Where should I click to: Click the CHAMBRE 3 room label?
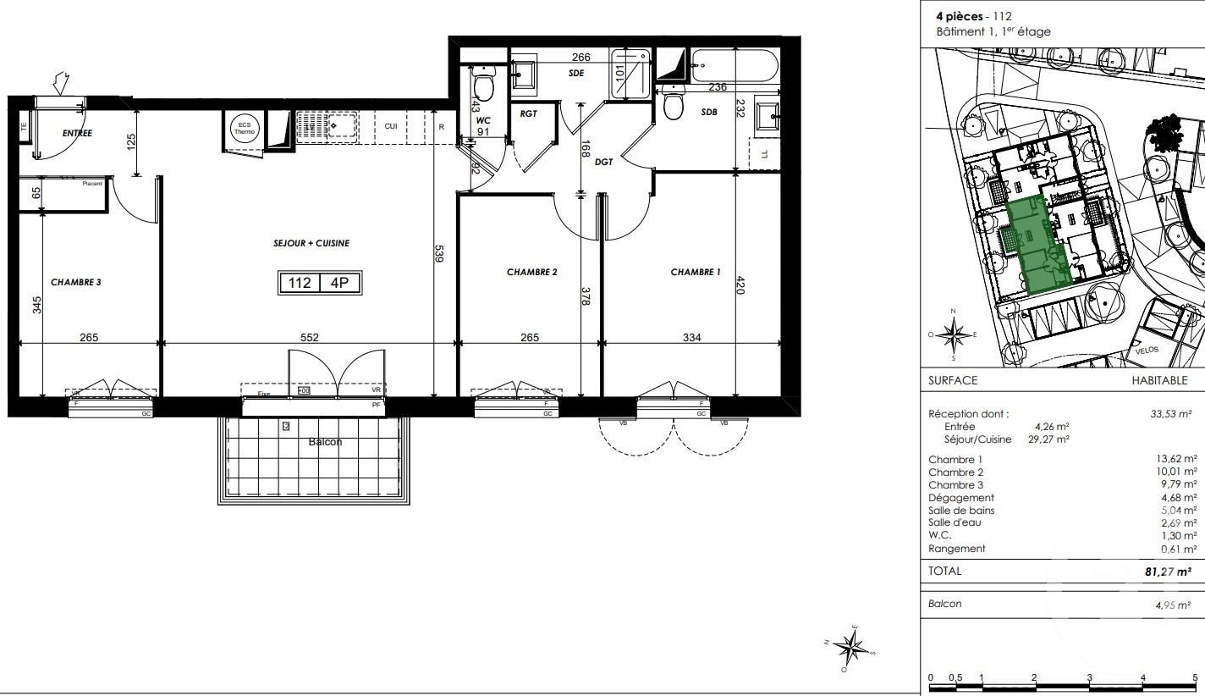pos(76,282)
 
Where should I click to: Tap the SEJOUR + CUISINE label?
pos(311,243)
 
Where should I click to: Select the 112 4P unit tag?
pos(320,283)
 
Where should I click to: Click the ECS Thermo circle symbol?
pos(245,129)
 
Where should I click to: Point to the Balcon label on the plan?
pos(326,442)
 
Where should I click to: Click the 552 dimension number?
pos(310,337)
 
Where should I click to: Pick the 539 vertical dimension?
pos(438,254)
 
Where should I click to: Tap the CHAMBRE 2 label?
pos(531,272)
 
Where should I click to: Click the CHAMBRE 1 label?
pos(696,272)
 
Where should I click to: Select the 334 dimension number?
pos(691,337)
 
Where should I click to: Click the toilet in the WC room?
pos(484,87)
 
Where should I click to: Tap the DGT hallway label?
pos(603,162)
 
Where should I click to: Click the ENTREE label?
pos(77,133)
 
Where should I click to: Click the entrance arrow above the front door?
pos(60,83)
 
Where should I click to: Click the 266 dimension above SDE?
pos(580,57)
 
